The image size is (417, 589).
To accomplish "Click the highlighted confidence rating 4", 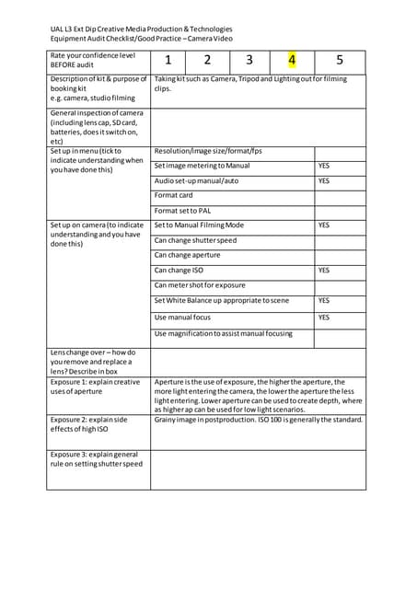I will coord(292,62).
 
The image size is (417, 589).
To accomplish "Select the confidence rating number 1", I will coord(168,62).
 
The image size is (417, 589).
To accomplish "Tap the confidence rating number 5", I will coord(340,62).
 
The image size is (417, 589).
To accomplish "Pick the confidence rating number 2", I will coord(207,62).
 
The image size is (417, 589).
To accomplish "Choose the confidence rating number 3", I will coord(249,62).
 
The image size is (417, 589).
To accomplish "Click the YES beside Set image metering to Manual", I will coord(324,166).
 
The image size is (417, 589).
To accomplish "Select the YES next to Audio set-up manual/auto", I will coord(324,180).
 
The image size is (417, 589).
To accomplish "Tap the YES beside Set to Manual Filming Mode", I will coord(324,225).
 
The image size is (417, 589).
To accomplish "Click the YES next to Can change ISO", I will coord(324,271).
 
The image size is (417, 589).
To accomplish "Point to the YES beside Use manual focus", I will coord(324,318).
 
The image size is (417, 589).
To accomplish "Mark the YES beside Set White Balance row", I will coord(324,301).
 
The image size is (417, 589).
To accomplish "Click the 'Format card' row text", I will coord(173,195).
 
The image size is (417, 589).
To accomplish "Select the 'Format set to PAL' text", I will coord(182,211).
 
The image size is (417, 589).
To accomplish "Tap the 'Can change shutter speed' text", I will coord(195,240).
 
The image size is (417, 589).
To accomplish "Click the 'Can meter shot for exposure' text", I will coord(200,285).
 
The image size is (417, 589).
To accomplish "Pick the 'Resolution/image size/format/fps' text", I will coord(208,150).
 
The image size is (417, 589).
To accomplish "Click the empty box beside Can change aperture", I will coord(340,255).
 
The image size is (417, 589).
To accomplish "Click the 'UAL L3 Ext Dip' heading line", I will coord(141,29).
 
